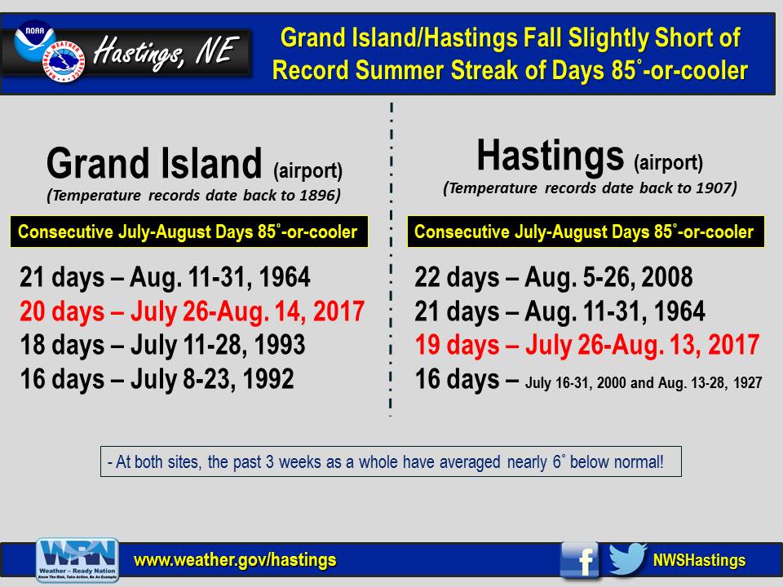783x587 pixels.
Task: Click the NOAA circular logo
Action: [x=35, y=41]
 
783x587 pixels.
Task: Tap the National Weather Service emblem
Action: [x=64, y=61]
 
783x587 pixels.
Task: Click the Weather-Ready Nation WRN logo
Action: [x=77, y=560]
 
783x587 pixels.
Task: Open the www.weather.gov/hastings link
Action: [x=235, y=560]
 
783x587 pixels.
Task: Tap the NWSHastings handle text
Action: [x=699, y=560]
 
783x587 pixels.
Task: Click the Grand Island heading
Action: [x=154, y=163]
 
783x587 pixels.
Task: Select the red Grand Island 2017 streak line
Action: [x=192, y=311]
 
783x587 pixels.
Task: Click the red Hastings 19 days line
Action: [x=587, y=345]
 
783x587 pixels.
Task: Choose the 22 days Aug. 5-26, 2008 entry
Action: [x=553, y=277]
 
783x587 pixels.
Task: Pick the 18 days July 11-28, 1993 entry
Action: [x=162, y=345]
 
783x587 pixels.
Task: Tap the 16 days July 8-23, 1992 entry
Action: [x=157, y=379]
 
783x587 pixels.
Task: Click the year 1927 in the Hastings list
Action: [x=748, y=383]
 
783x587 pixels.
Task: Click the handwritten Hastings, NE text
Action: [x=166, y=53]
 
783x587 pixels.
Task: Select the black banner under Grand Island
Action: [x=188, y=232]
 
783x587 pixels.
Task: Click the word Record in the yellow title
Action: [x=310, y=70]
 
